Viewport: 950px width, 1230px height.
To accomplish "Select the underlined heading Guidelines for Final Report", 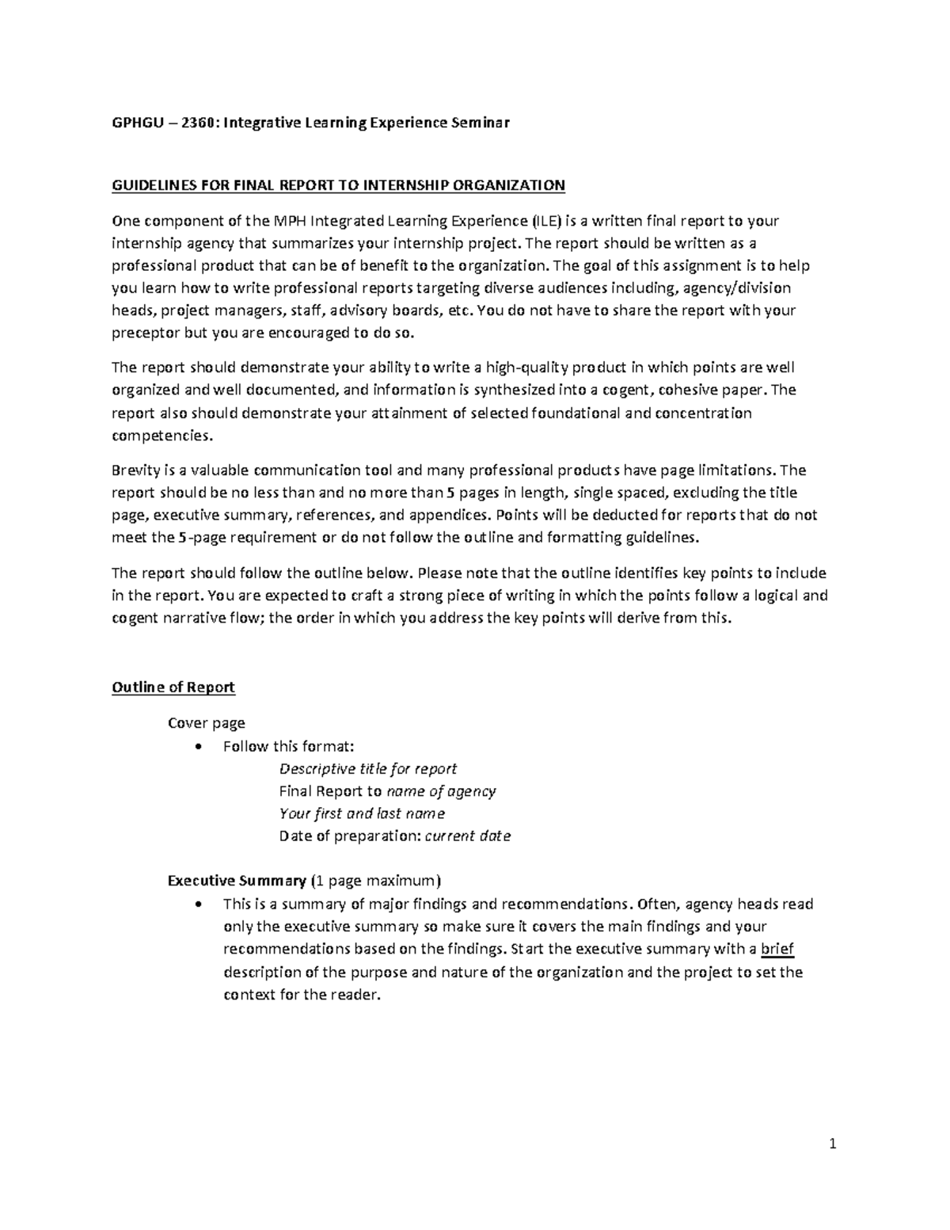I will [x=338, y=185].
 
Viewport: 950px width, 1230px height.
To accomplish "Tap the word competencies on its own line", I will [x=162, y=436].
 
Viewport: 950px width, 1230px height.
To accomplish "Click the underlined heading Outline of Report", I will [x=173, y=687].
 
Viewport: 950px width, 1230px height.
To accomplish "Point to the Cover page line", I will [x=207, y=722].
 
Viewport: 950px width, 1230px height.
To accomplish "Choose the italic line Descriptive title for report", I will [x=368, y=768].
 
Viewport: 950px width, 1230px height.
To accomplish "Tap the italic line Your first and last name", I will [x=362, y=813].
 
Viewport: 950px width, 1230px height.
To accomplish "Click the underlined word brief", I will [x=777, y=949].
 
